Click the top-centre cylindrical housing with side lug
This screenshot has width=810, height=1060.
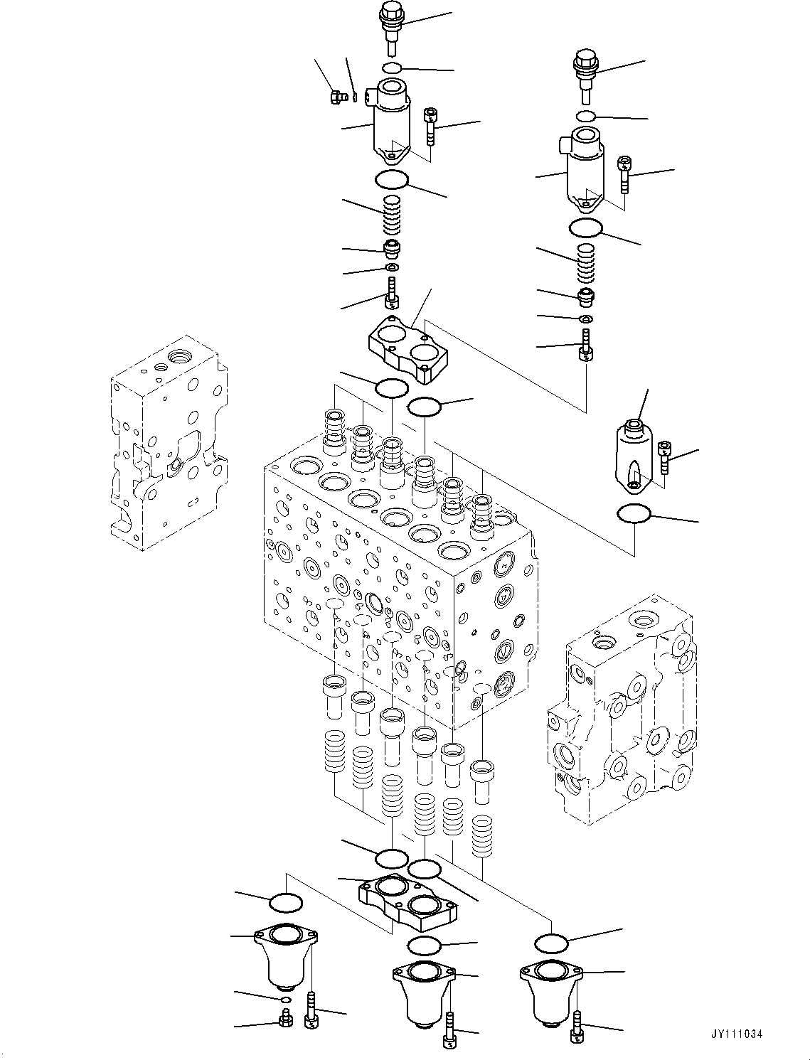pos(391,121)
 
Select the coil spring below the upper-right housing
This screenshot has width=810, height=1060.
pos(585,263)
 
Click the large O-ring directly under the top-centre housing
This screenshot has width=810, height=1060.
pos(391,180)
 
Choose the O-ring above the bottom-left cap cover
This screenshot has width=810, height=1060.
pos(286,903)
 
